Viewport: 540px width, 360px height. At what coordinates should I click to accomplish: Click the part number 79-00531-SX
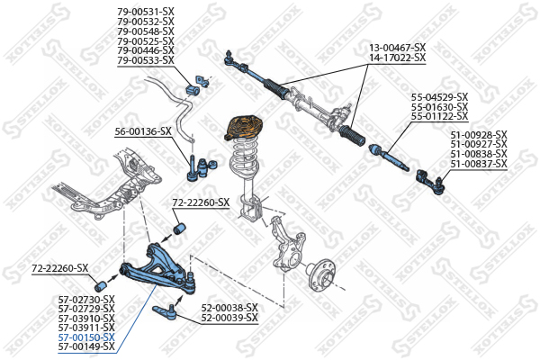tap(145, 12)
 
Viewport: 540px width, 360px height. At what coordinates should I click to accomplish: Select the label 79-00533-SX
tap(145, 60)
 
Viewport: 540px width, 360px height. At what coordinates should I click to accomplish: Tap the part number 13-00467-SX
tap(397, 47)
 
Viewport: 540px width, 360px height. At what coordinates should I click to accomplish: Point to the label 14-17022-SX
tap(397, 57)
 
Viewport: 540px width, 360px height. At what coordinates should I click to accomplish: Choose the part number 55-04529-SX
tap(439, 96)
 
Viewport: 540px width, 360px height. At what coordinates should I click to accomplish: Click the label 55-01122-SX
tap(439, 116)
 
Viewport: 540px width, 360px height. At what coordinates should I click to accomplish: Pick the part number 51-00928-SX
tap(479, 135)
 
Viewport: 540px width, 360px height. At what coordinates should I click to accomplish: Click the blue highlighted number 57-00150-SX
tap(86, 337)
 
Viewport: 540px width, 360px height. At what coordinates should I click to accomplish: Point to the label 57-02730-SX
tap(86, 299)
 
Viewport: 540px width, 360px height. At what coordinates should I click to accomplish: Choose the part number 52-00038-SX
tap(229, 307)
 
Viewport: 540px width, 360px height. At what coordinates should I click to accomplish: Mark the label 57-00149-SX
tap(86, 346)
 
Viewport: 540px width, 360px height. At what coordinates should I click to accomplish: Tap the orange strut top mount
tap(242, 125)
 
